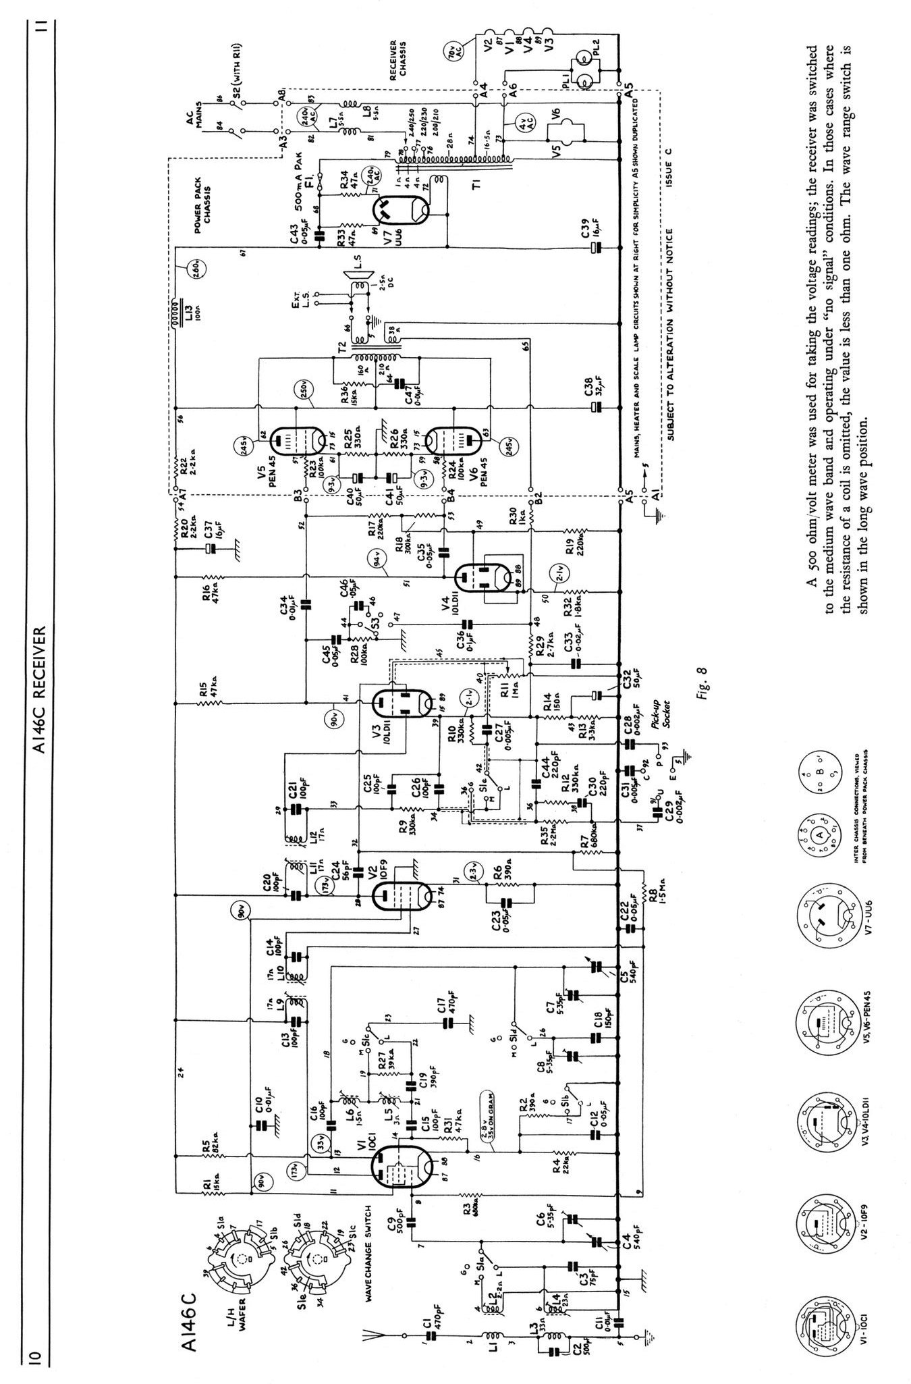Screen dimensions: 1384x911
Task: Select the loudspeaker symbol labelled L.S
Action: click(356, 280)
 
